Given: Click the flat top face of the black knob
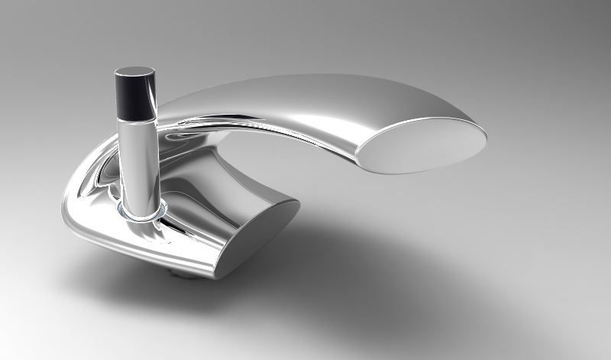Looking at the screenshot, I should click(134, 74).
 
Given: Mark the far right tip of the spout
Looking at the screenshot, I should click(487, 138).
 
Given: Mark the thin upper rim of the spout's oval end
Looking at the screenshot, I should click(428, 122).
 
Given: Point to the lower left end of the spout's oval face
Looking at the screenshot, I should click(364, 160).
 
